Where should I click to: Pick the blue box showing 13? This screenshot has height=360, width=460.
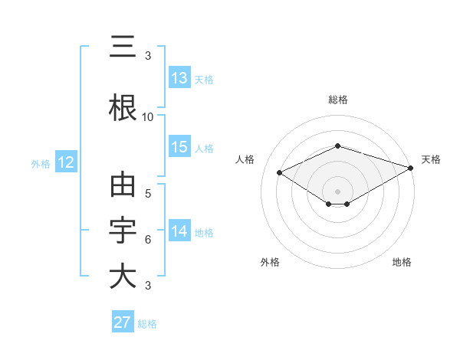tap(179, 77)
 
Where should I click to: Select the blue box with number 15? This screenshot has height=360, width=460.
tap(179, 147)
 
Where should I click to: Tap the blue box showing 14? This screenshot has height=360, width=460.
tap(179, 231)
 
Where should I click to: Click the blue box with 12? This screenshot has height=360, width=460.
tap(66, 162)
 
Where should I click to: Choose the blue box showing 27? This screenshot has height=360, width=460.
tap(123, 322)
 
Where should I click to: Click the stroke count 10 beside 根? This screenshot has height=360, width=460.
tap(148, 117)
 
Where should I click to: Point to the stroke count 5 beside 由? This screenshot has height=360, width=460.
tap(148, 194)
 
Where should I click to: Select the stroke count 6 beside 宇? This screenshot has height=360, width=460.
tap(148, 240)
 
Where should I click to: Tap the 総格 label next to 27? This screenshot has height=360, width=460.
tap(147, 324)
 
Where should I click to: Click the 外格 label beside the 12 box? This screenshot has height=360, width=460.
tap(41, 163)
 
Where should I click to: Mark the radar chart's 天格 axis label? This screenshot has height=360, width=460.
tap(431, 159)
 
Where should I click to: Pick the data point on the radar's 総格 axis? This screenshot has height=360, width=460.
tap(337, 146)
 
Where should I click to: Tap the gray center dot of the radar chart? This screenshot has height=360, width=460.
tap(337, 190)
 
